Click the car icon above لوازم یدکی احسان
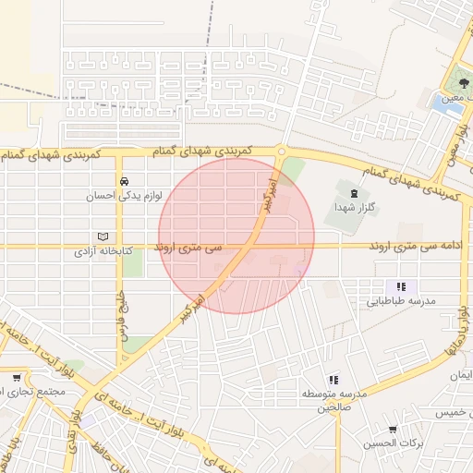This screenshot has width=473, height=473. click(x=124, y=181)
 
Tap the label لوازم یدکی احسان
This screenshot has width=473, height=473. click(x=116, y=196)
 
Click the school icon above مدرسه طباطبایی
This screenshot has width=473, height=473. click(x=401, y=287)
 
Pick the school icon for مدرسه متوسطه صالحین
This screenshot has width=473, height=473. click(x=334, y=379)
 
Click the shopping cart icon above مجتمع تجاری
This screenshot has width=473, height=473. click(x=18, y=377)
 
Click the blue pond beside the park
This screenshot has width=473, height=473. click(x=447, y=103)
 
